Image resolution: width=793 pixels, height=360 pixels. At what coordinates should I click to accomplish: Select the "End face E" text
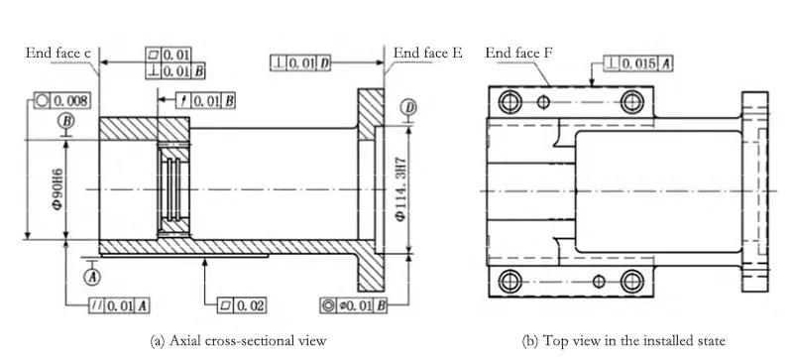428,52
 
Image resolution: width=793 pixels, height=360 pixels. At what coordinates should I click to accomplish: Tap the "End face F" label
514,52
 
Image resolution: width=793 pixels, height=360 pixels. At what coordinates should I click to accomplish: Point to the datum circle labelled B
66,120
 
